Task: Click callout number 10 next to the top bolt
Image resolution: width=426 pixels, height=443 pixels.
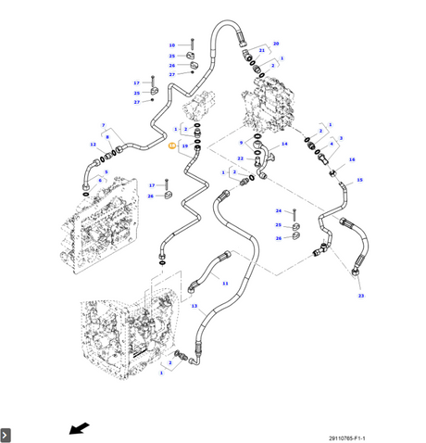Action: click(172, 45)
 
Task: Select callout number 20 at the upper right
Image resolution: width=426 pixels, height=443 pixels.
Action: click(276, 44)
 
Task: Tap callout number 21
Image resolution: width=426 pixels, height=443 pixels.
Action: click(262, 50)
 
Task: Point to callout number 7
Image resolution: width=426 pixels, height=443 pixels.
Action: click(104, 125)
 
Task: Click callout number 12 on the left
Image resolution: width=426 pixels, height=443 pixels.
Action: click(93, 145)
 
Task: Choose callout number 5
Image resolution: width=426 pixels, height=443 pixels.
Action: click(106, 172)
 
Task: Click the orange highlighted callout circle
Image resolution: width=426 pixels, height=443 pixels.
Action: click(172, 146)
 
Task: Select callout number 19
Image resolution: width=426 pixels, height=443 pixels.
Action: click(185, 146)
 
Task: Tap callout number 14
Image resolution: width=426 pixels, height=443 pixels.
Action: click(284, 144)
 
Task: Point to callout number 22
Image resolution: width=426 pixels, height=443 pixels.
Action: click(240, 158)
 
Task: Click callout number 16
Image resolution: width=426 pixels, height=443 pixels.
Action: click(352, 159)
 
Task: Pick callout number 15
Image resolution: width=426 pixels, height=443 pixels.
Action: click(359, 180)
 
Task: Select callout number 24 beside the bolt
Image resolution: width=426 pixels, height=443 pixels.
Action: click(279, 211)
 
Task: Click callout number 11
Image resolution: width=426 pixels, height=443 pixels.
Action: click(225, 284)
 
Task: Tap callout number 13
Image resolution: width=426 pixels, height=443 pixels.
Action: click(194, 306)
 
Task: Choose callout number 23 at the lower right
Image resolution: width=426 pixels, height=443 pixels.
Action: click(361, 296)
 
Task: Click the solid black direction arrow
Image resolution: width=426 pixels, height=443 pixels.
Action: click(79, 428)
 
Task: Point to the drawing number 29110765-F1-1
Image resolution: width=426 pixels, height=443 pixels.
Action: click(347, 438)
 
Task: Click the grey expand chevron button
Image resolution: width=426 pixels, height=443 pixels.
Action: click(6, 436)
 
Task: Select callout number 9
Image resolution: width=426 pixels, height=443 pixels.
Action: click(242, 143)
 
